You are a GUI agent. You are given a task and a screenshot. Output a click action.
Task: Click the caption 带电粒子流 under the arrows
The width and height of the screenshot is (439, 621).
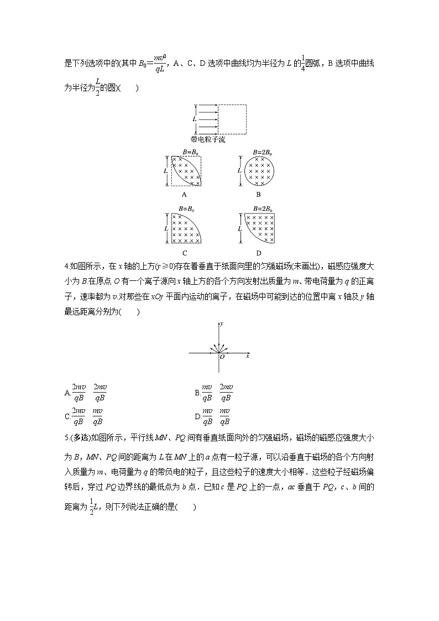[207, 140]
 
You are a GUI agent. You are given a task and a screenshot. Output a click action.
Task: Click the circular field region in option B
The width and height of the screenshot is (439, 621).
[259, 170]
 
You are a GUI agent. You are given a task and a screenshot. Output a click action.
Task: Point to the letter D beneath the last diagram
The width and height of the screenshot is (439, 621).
[259, 253]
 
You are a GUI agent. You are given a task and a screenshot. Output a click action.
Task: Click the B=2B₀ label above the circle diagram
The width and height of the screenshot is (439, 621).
[262, 152]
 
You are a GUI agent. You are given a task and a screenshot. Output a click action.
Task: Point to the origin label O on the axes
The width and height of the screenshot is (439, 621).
[222, 357]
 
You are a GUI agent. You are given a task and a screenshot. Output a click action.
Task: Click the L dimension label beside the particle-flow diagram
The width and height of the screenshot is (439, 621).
[194, 119]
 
